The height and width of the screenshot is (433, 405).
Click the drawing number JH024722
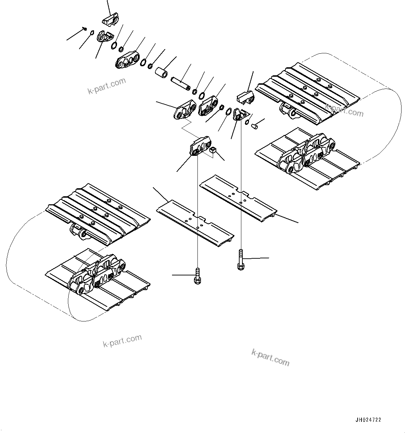click(x=368, y=420)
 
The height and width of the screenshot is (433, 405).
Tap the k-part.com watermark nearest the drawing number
click(x=270, y=358)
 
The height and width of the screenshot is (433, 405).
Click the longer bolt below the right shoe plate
click(x=240, y=260)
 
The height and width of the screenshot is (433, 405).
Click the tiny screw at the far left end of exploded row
click(x=85, y=29)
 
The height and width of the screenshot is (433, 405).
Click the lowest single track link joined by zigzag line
click(x=200, y=146)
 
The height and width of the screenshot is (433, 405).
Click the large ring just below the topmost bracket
click(x=114, y=46)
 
